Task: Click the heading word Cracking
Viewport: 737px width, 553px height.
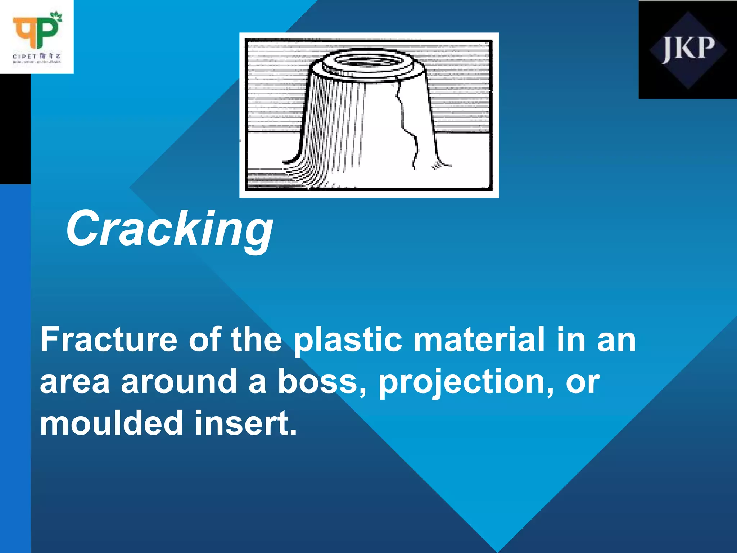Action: [x=169, y=229]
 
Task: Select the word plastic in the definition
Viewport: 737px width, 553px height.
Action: [x=348, y=340]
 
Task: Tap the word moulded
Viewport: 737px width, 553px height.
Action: [x=112, y=423]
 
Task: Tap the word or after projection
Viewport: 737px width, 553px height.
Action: [x=583, y=382]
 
